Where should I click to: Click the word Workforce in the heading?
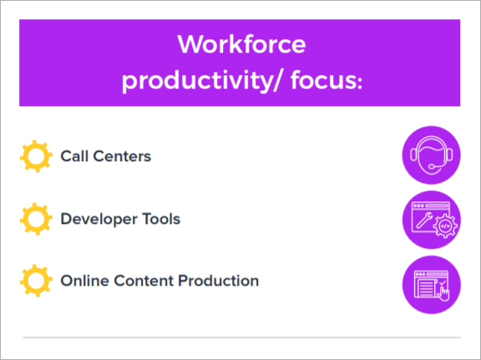241,44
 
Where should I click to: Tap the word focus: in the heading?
327,80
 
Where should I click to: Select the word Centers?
122,156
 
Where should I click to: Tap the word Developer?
99,219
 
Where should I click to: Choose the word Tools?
161,219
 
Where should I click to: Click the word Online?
84,281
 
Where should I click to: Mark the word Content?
144,281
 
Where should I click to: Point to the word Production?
219,281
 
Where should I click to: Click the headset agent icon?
431,155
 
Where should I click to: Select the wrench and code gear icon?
431,220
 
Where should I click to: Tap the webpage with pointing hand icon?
431,285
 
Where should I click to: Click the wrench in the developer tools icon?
423,221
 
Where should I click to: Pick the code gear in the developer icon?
445,226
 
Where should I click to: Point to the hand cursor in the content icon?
443,294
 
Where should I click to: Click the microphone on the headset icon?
431,167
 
